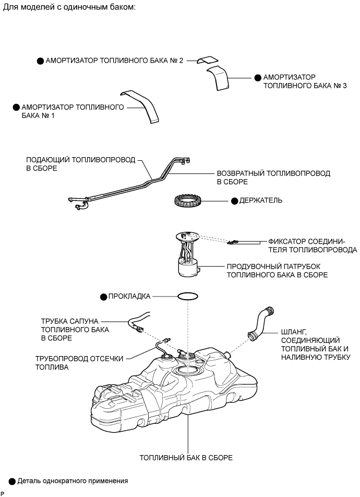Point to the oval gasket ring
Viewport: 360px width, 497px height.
coord(187,296)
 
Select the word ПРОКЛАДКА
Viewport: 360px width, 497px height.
coord(129,296)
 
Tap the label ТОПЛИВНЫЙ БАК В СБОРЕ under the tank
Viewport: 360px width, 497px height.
coord(186,457)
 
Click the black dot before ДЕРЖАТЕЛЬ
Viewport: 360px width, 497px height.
coord(234,200)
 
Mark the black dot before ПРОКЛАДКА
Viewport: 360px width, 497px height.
coord(103,297)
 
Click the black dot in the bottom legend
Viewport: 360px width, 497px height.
coord(12,480)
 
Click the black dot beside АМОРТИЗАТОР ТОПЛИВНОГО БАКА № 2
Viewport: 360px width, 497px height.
coord(40,61)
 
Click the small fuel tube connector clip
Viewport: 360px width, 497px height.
coord(233,242)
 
